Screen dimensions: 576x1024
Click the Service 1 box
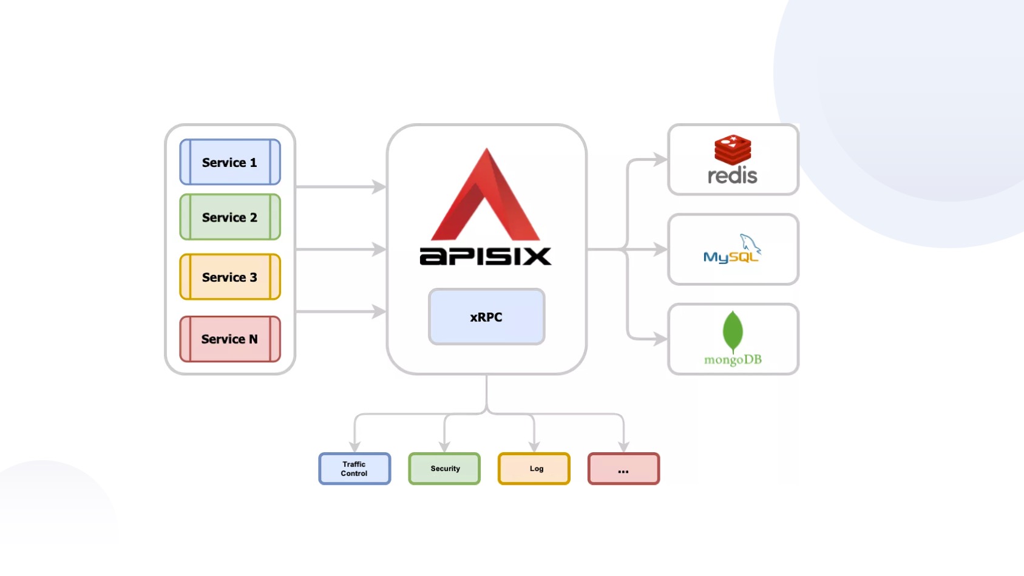229,162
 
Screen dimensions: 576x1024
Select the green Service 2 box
229,217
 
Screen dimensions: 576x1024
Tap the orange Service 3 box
229,277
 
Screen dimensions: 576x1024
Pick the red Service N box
229,339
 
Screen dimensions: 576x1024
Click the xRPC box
486,317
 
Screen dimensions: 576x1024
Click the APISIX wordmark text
486,256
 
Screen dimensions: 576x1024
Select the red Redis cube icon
733,149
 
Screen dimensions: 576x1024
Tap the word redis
733,176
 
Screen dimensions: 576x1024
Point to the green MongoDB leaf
733,331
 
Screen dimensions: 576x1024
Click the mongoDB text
733,359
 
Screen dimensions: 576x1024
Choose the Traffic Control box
354,469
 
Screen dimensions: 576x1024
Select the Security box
444,469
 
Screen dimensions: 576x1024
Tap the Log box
534,469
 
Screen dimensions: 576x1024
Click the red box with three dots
623,469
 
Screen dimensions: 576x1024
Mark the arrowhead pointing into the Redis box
660,160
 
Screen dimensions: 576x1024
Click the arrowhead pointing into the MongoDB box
660,339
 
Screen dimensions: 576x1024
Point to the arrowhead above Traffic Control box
355,447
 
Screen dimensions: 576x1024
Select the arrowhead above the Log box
534,447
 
